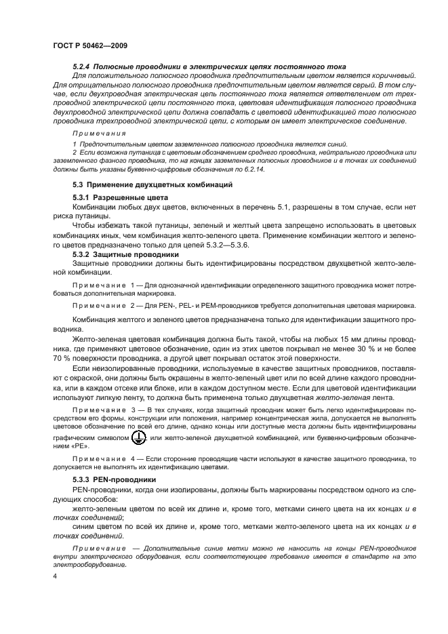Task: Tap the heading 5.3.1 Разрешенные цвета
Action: (x=115, y=197)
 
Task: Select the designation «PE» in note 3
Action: (x=62, y=449)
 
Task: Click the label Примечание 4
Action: (x=100, y=460)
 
